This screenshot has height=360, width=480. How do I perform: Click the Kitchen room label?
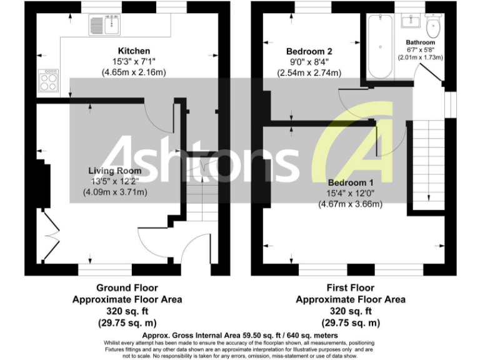(134, 51)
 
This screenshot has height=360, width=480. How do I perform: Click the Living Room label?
(114, 171)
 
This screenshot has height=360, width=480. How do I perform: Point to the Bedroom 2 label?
(309, 51)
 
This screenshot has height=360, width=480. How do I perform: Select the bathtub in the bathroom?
(379, 47)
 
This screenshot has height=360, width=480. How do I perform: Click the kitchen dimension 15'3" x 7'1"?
(134, 61)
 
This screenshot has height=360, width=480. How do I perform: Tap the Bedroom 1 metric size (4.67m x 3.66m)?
(349, 204)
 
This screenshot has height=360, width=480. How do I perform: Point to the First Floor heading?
(351, 288)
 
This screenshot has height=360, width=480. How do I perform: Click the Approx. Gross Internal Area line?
(240, 335)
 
